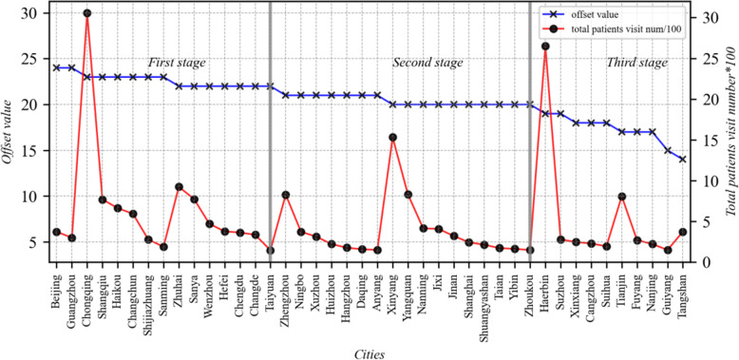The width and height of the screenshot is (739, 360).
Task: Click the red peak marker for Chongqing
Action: click(x=87, y=14)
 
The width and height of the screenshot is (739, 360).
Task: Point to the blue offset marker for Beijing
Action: click(x=57, y=67)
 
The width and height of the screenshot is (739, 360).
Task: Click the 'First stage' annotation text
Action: click(x=172, y=63)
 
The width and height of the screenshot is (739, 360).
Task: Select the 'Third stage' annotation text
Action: click(x=637, y=63)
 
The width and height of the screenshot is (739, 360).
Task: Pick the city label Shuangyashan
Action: click(x=483, y=305)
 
